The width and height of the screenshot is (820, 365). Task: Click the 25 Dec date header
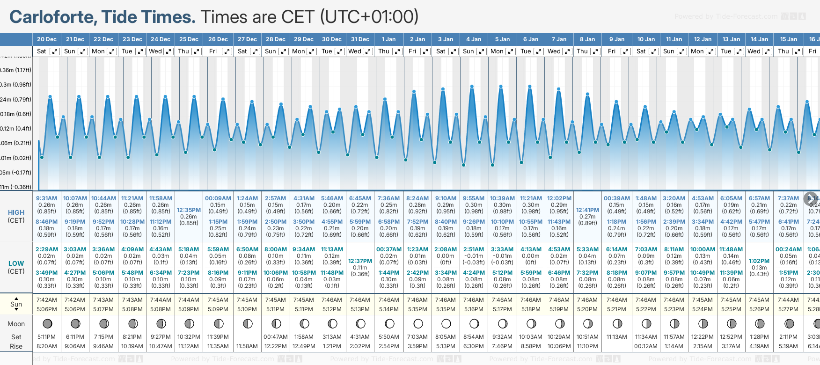click(189, 39)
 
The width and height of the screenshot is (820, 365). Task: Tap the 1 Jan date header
click(388, 39)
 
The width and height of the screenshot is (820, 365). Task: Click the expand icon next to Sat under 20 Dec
click(55, 51)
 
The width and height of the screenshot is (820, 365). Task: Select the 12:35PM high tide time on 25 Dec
click(189, 210)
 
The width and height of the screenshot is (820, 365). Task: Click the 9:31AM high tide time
click(46, 198)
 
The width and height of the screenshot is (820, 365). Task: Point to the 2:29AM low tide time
click(46, 249)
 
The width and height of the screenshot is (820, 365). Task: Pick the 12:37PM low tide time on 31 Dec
click(360, 261)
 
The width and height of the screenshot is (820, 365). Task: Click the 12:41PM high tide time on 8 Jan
click(587, 210)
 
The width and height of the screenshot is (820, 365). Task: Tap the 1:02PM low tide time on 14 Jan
click(759, 261)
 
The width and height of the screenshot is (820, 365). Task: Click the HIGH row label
click(16, 212)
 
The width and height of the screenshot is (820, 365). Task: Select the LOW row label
click(16, 263)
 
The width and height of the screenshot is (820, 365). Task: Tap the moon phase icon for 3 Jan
click(446, 323)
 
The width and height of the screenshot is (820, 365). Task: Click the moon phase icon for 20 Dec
click(47, 323)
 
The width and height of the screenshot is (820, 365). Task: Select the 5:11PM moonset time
click(46, 337)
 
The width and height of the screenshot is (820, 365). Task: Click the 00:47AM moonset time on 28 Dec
click(275, 337)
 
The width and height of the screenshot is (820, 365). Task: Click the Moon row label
click(16, 324)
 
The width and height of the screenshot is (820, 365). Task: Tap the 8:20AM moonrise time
click(46, 346)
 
